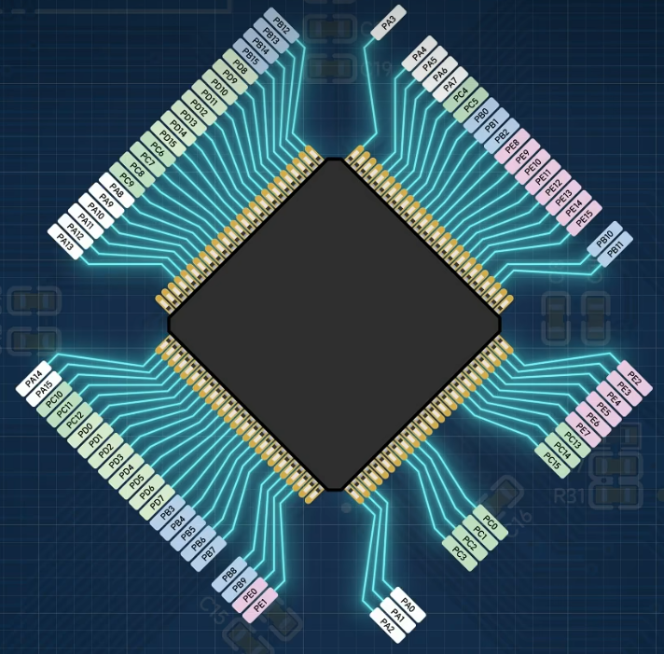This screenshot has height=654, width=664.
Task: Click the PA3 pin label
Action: coord(389,21)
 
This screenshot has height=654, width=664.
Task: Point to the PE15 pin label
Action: coord(584,218)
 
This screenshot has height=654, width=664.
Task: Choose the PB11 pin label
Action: coord(615,251)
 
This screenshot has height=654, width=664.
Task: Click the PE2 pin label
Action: coord(633,379)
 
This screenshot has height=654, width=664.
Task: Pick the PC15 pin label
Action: coord(552,460)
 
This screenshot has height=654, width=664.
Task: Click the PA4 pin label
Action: coord(420,52)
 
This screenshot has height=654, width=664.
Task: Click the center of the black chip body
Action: coord(334,324)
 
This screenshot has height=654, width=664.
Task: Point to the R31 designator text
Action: coord(568,494)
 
